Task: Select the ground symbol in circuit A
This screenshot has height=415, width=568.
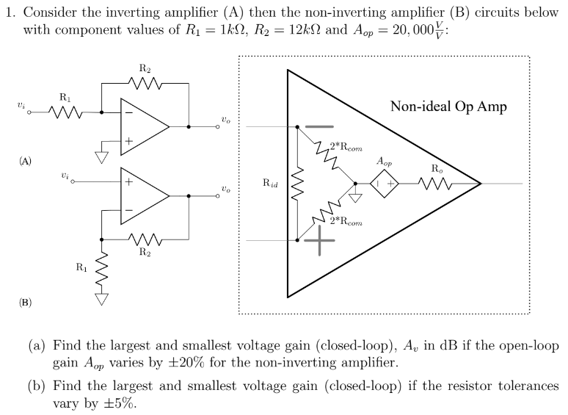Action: coord(103,156)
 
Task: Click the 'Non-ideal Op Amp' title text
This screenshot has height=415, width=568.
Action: coord(448,107)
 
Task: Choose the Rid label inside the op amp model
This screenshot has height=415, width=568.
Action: coord(270,183)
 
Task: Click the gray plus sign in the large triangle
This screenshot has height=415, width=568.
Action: coord(319,240)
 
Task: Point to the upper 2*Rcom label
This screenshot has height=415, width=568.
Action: coord(346,146)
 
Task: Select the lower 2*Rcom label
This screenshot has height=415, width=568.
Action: coord(346,220)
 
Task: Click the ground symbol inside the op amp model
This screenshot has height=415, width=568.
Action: coord(356,195)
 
